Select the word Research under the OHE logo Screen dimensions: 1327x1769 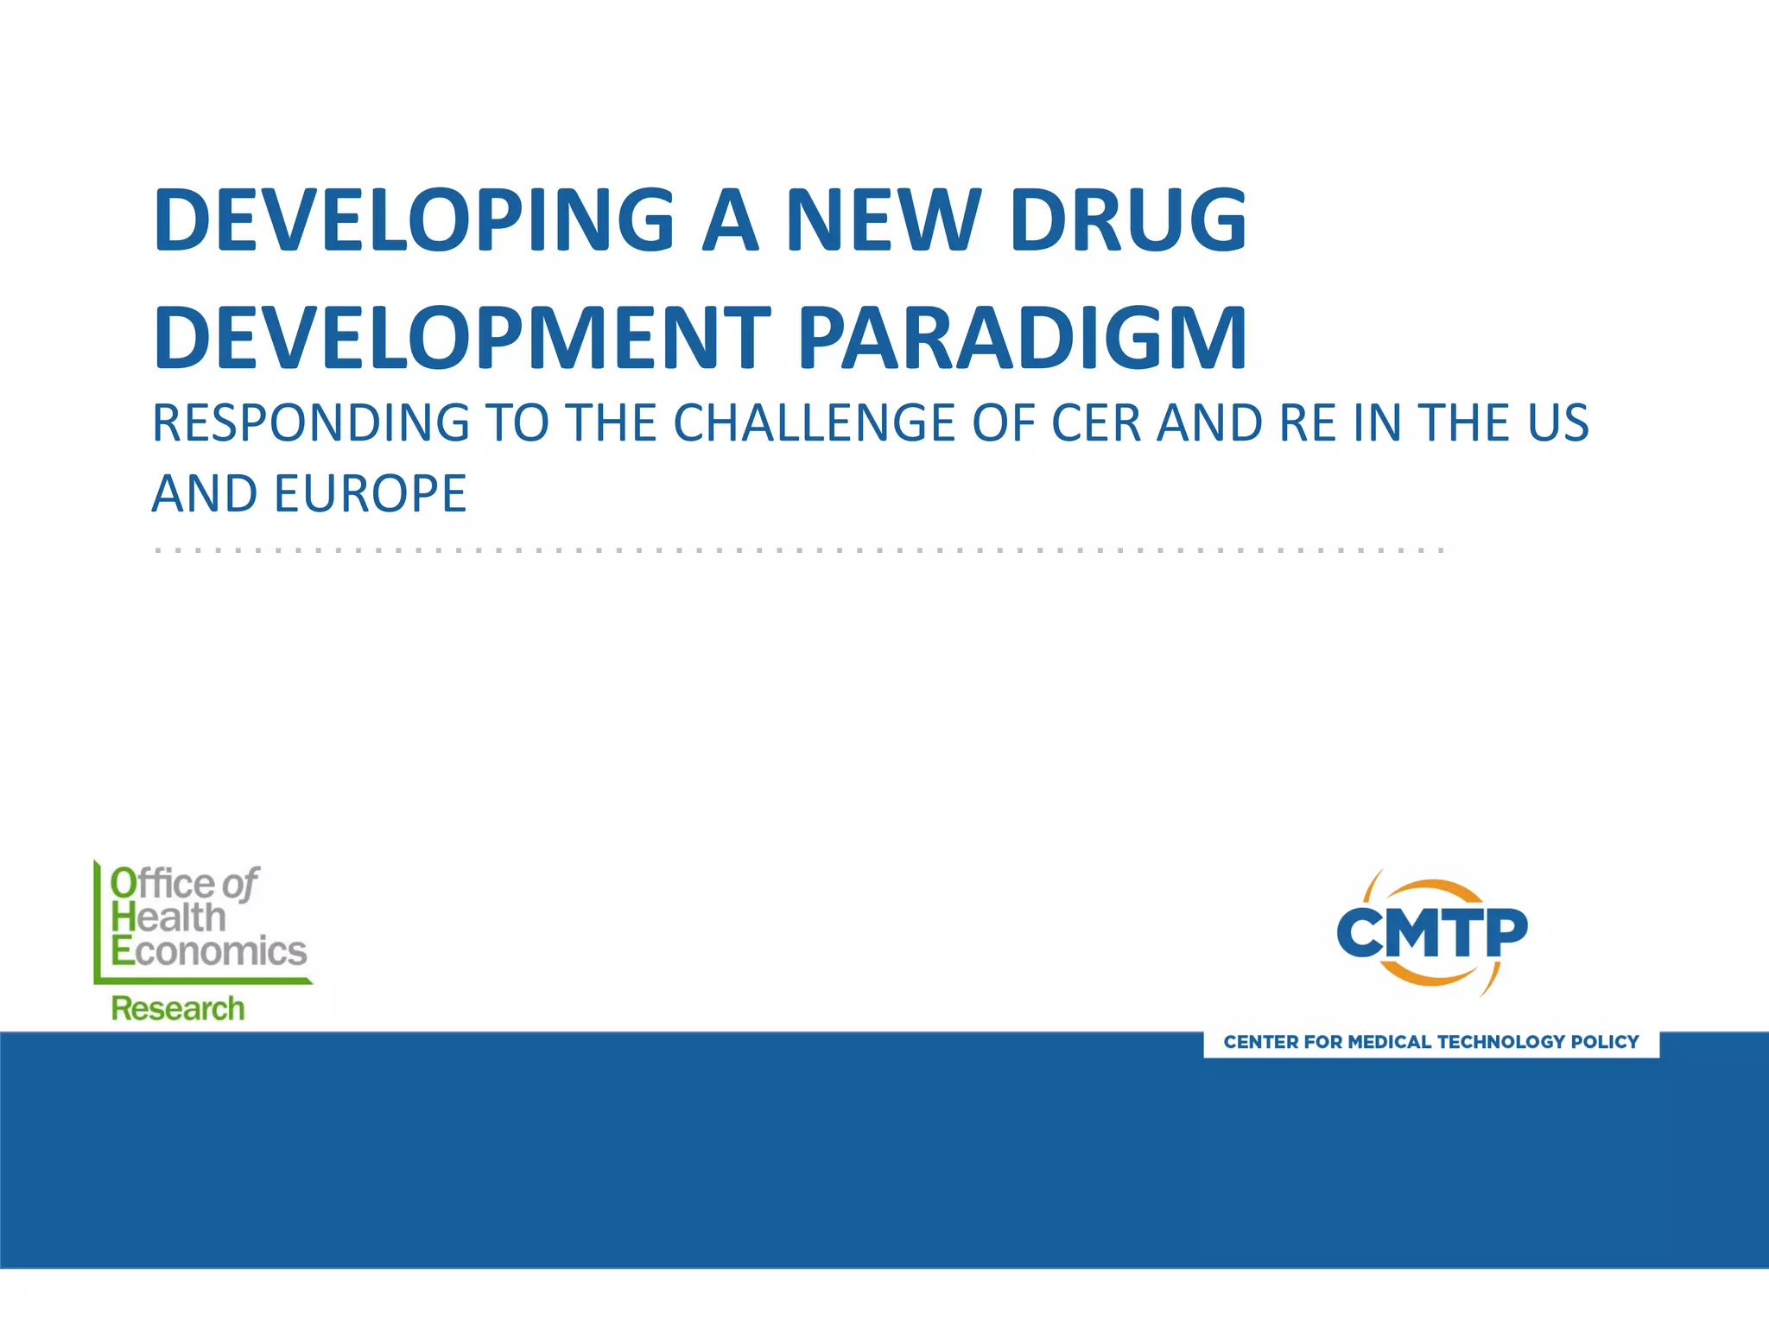(x=178, y=1009)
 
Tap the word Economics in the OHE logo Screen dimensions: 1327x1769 (x=209, y=951)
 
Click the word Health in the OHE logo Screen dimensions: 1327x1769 (x=168, y=917)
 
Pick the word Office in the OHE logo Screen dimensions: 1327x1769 (x=162, y=884)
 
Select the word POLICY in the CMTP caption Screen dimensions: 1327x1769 (x=1605, y=1042)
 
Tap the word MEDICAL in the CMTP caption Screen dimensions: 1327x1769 (x=1389, y=1042)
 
